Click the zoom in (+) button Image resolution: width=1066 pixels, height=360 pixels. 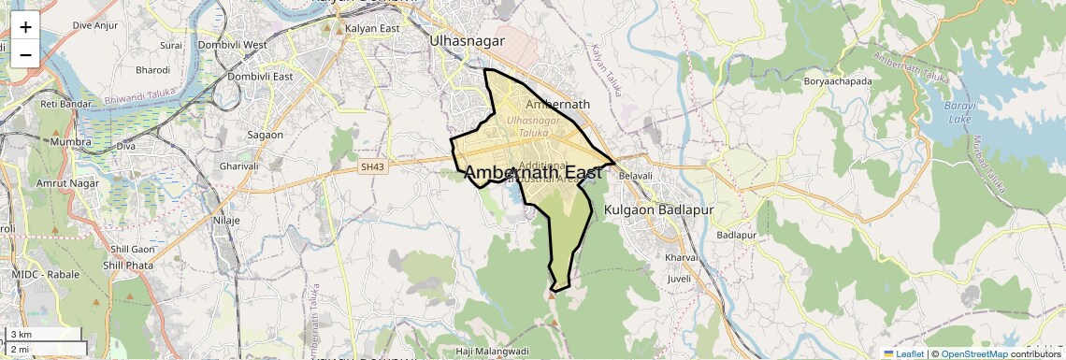click(25, 27)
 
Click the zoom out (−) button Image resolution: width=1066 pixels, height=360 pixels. click(25, 54)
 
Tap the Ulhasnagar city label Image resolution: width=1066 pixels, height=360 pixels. click(467, 41)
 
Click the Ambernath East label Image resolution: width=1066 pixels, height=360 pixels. click(532, 172)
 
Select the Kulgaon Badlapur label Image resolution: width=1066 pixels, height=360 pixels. click(658, 209)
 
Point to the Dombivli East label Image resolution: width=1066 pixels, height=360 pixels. click(257, 77)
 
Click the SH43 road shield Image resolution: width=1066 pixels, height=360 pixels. click(372, 166)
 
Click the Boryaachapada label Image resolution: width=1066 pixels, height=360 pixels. click(837, 81)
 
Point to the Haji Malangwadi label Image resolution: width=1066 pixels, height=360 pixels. click(492, 351)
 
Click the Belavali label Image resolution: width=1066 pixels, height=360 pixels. click(635, 175)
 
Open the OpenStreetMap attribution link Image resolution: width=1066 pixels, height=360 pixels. click(973, 353)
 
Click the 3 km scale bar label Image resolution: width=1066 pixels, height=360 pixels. click(22, 335)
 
